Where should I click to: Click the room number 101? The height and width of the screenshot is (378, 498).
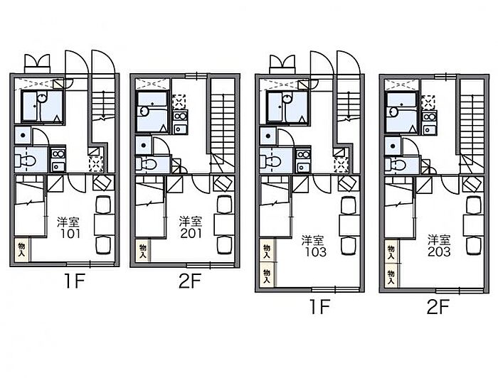point(70,234)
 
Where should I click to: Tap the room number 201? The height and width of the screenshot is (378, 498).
point(191,233)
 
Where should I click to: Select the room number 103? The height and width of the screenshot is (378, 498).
point(315,252)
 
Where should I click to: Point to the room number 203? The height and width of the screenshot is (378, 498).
point(439,252)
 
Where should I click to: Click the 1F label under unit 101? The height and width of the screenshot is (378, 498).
point(74,281)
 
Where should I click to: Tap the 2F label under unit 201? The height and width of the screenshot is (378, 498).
point(190,281)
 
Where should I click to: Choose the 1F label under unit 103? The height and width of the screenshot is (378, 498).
point(320,306)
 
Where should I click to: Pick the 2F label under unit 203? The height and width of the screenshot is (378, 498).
point(438,306)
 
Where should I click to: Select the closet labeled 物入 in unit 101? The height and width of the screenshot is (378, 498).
point(22,250)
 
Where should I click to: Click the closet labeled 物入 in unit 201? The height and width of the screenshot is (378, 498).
point(142,251)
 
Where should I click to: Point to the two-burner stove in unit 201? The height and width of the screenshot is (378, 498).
point(181,116)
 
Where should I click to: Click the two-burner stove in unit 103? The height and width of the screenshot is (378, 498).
point(303,154)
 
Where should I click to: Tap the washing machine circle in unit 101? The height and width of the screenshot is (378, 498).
point(23,135)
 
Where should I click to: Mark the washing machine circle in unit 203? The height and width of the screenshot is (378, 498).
point(393,146)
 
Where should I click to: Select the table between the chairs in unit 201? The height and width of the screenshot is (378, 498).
point(225,225)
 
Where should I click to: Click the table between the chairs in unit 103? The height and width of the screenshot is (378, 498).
point(349,225)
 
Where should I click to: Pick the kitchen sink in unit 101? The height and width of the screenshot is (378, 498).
point(58,166)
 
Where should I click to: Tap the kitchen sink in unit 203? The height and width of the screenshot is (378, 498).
point(430,129)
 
